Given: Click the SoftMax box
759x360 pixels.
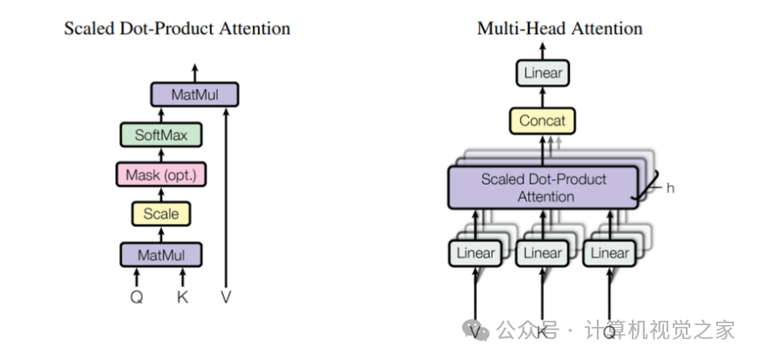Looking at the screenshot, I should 161,135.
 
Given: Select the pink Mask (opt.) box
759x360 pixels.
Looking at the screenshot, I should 161,174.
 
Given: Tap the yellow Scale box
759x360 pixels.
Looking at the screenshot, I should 161,214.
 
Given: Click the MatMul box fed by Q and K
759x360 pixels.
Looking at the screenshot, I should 161,255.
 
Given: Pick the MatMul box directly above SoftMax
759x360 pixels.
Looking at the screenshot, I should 194,94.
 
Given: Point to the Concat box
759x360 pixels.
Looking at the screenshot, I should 543,120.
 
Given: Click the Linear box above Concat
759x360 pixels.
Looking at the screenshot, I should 543,73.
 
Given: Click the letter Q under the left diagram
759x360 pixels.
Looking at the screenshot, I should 137,296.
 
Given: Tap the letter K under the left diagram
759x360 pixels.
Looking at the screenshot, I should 182,296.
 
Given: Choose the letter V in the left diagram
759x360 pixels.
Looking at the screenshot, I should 227,296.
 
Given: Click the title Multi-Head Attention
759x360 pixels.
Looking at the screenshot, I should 559,29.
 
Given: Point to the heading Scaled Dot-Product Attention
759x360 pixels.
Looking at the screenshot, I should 177,29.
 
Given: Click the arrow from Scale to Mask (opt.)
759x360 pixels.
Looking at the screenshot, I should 161,194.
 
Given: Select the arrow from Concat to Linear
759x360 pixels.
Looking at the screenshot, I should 543,97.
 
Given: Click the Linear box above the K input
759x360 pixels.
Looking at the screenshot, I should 543,254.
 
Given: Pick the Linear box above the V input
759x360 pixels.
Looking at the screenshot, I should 476,254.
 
